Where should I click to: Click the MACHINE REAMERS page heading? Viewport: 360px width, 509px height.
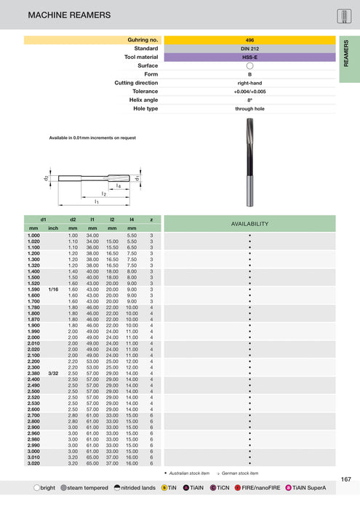69,15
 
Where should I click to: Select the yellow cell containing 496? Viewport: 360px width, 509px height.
249,39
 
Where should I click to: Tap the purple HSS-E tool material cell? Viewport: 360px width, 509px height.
249,57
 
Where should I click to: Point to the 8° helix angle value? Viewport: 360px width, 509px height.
249,100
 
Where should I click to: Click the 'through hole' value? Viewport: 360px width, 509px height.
249,108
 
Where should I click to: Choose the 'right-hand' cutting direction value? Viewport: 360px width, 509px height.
249,82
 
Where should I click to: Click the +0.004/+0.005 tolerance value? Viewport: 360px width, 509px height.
249,91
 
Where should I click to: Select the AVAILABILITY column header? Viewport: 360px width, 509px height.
249,223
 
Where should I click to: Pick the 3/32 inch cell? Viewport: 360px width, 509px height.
53,373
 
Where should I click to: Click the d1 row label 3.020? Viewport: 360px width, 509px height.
33,462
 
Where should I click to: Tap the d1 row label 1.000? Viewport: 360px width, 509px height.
33,236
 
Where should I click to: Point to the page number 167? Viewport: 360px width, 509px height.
345,478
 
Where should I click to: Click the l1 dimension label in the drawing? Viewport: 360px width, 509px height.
96,201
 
